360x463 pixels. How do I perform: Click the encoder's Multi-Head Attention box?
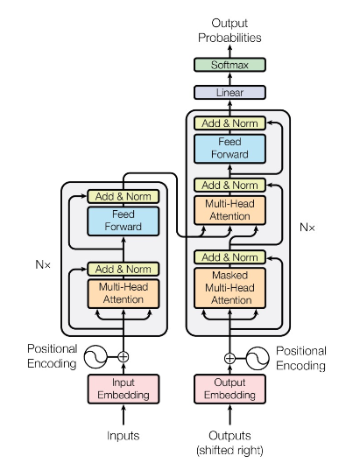click(x=123, y=293)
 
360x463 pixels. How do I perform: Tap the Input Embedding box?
click(x=123, y=389)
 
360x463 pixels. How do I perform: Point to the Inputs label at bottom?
click(x=123, y=435)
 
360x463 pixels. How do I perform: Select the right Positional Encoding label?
click(x=300, y=357)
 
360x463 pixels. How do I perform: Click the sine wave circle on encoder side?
click(x=94, y=356)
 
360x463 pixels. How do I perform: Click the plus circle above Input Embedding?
click(x=123, y=356)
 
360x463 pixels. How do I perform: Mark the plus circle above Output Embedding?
click(x=229, y=357)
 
